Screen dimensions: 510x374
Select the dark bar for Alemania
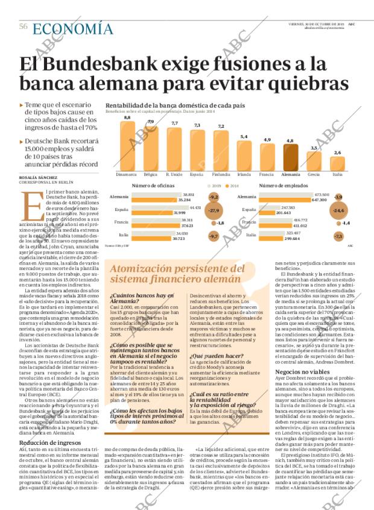(x=290, y=158)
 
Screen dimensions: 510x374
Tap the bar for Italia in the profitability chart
(x=337, y=164)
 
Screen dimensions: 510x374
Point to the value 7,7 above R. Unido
(x=175, y=123)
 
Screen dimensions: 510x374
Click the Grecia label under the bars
(x=314, y=174)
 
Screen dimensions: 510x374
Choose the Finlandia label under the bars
(x=221, y=174)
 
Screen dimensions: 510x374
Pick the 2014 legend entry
(x=233, y=186)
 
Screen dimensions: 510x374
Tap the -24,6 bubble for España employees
(x=338, y=211)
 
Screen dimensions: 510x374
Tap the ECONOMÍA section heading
(x=72, y=28)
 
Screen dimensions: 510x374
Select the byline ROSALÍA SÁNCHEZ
(x=41, y=178)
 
